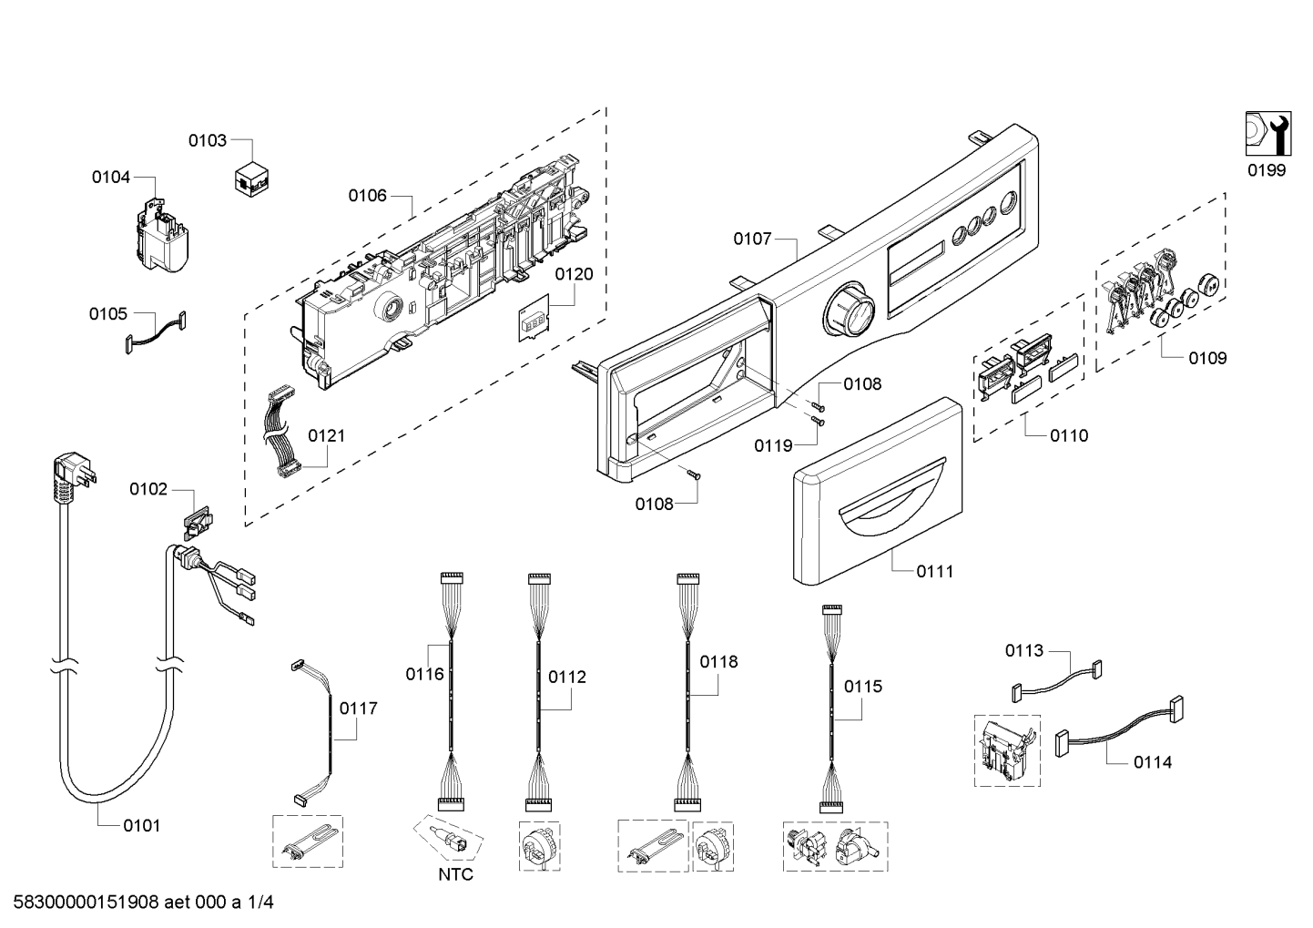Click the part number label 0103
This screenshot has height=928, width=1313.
(207, 140)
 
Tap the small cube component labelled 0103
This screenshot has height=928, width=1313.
(251, 178)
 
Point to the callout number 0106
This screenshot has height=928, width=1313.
(368, 196)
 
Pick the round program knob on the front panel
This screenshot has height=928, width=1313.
(849, 310)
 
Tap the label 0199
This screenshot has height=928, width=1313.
(1267, 170)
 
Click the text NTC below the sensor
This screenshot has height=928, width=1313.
(455, 874)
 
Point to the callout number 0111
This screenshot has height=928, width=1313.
(935, 571)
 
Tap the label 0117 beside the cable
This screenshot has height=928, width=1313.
(358, 709)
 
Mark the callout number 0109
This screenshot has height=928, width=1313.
(1207, 358)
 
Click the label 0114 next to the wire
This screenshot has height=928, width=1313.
(1153, 762)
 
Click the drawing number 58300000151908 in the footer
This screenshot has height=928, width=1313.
(87, 903)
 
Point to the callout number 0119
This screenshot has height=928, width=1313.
(773, 446)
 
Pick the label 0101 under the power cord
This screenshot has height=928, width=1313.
(141, 826)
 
